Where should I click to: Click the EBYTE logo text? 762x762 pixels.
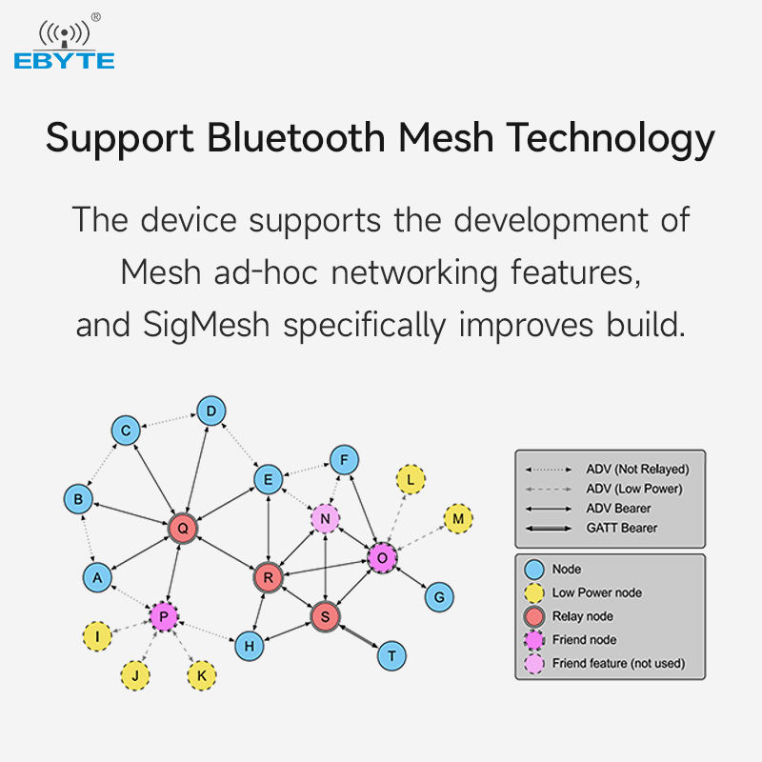(x=64, y=61)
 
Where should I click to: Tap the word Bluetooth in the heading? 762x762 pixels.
(x=296, y=137)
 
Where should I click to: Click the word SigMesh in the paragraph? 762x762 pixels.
(x=206, y=326)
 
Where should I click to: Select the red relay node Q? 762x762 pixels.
(x=183, y=529)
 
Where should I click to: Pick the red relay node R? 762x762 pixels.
(x=268, y=577)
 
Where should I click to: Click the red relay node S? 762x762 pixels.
(x=325, y=616)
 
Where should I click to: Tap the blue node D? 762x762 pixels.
(x=211, y=411)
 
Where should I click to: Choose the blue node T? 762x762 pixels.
(x=391, y=656)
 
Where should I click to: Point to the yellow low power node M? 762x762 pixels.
(x=458, y=518)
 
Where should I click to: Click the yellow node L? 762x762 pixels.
(x=411, y=480)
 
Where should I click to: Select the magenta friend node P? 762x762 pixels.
(x=164, y=616)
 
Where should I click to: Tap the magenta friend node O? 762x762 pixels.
(x=383, y=558)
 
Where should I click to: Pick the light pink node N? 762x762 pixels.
(x=325, y=518)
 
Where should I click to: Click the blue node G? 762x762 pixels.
(x=439, y=597)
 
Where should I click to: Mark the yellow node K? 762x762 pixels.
(x=202, y=675)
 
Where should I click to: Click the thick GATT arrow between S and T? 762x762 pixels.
(x=359, y=636)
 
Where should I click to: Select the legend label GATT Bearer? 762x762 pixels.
(x=622, y=528)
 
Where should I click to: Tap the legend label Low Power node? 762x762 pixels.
(x=597, y=592)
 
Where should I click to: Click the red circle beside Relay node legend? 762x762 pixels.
(x=534, y=616)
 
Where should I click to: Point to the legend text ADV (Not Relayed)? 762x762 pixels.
(x=637, y=470)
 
